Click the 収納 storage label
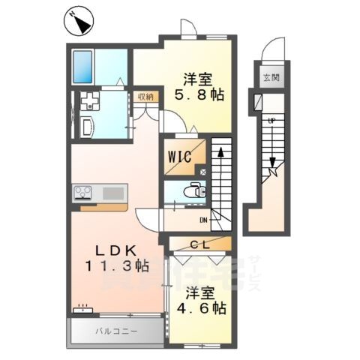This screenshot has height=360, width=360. click(x=145, y=96)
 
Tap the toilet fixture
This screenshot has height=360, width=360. click(x=196, y=190)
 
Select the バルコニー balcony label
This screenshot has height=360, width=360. click(x=112, y=330)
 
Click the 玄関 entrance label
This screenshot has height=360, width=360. click(x=270, y=77)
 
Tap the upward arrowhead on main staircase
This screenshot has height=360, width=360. click(x=221, y=152)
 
